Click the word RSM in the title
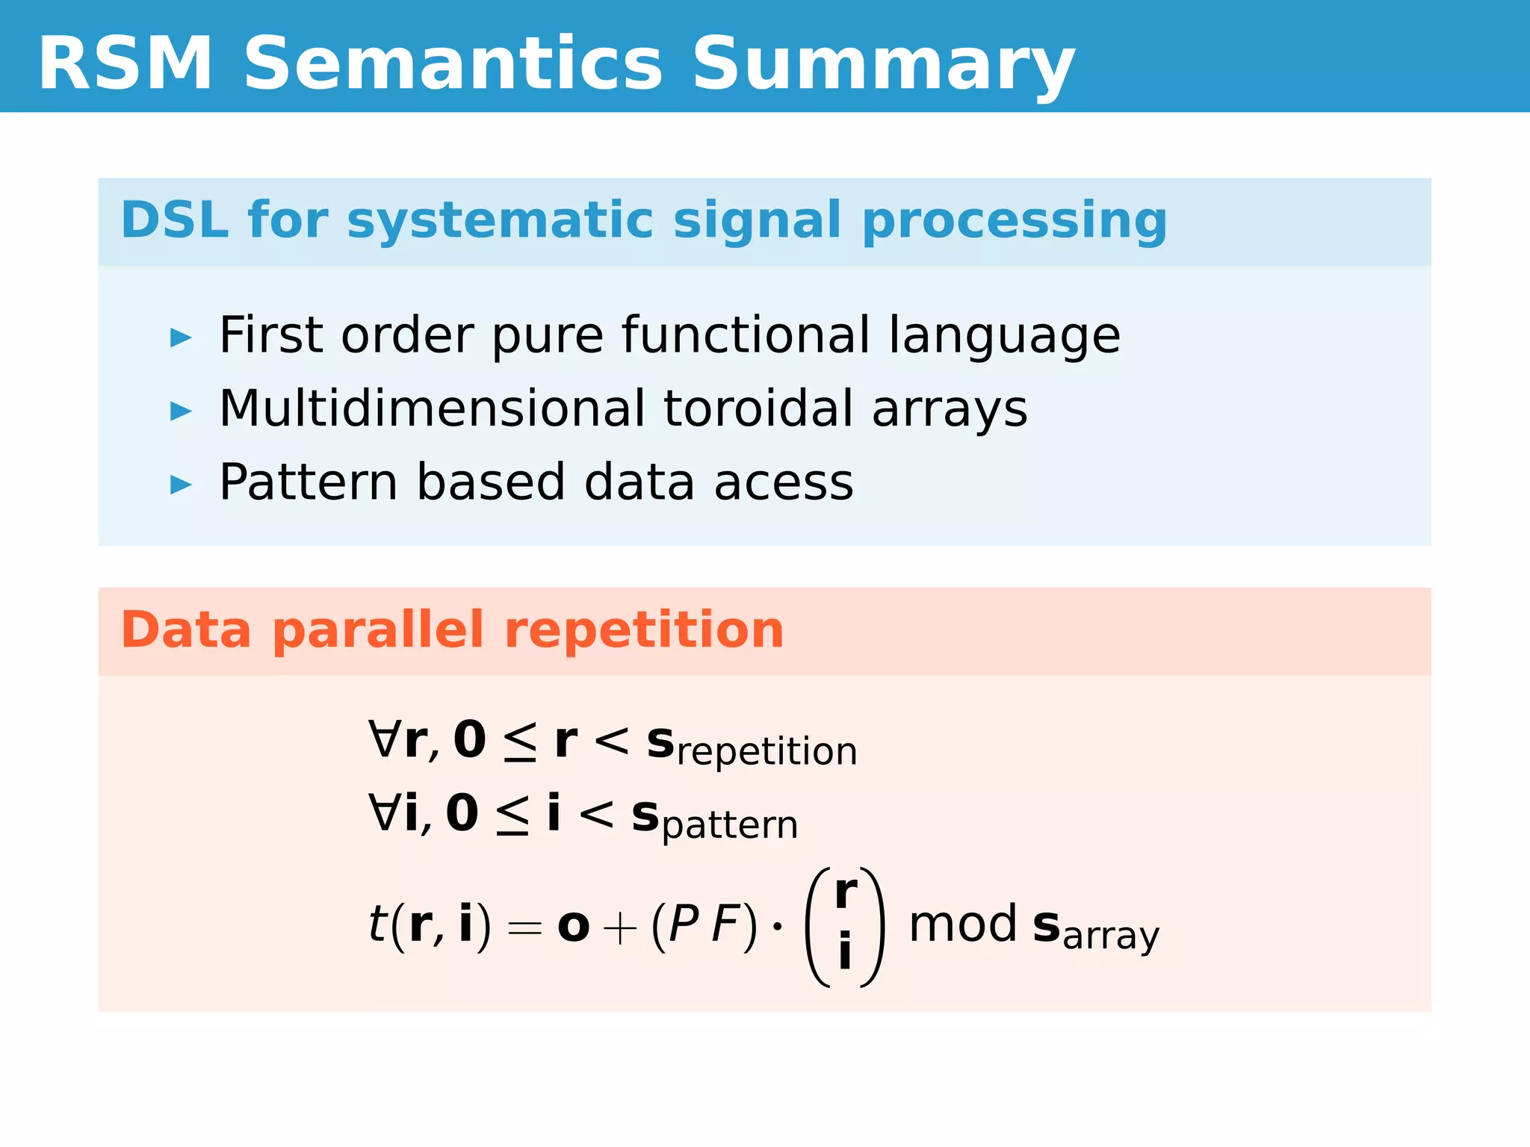(x=126, y=64)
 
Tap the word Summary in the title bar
(x=883, y=66)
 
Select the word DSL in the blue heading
(x=174, y=220)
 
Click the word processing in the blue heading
(x=1014, y=222)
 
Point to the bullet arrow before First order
(x=181, y=338)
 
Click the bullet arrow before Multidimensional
(x=181, y=411)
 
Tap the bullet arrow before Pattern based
(x=181, y=485)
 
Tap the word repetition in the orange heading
(x=644, y=631)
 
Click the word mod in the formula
(x=962, y=924)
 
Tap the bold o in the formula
(x=573, y=926)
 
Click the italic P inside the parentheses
(x=684, y=924)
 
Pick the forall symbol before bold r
(x=384, y=739)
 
